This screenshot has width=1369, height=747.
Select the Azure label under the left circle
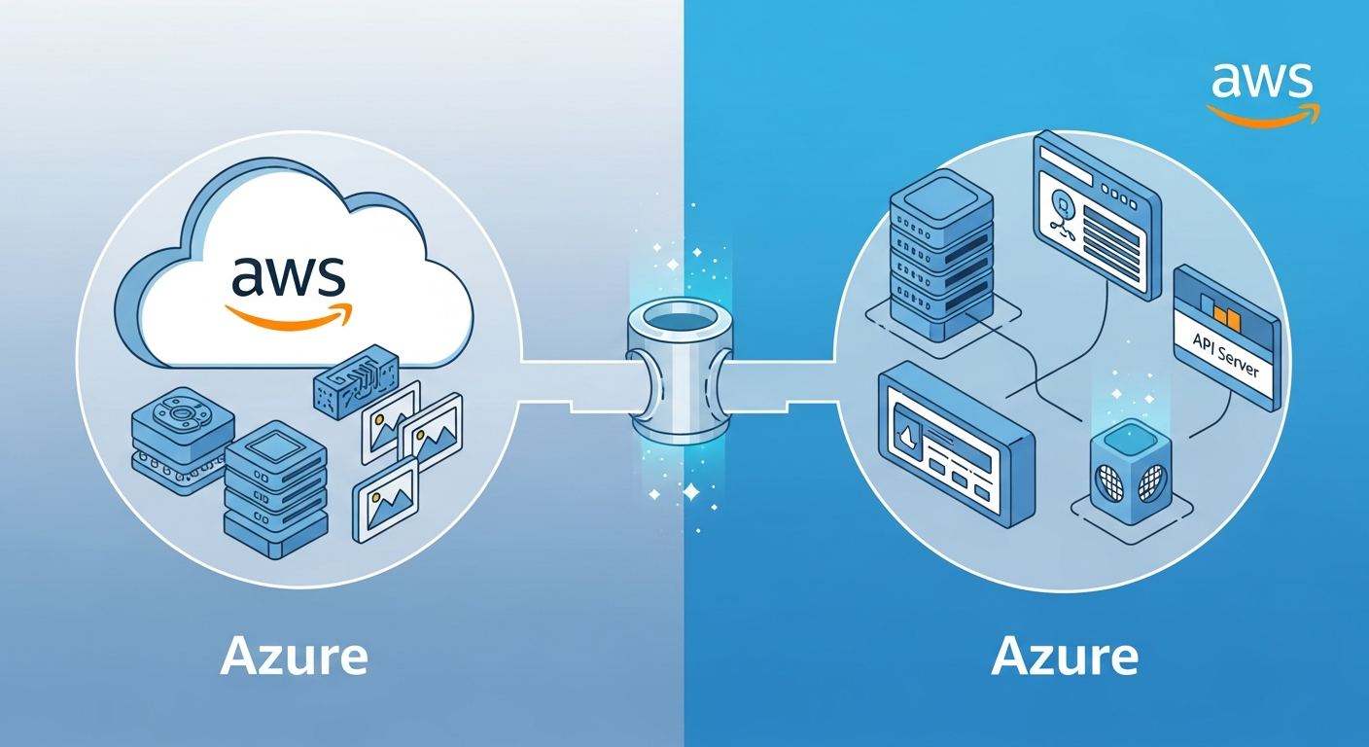(x=294, y=658)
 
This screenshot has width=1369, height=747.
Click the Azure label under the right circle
(x=1065, y=658)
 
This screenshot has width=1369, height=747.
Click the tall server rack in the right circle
(x=940, y=257)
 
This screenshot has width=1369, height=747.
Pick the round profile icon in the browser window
(x=1063, y=205)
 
